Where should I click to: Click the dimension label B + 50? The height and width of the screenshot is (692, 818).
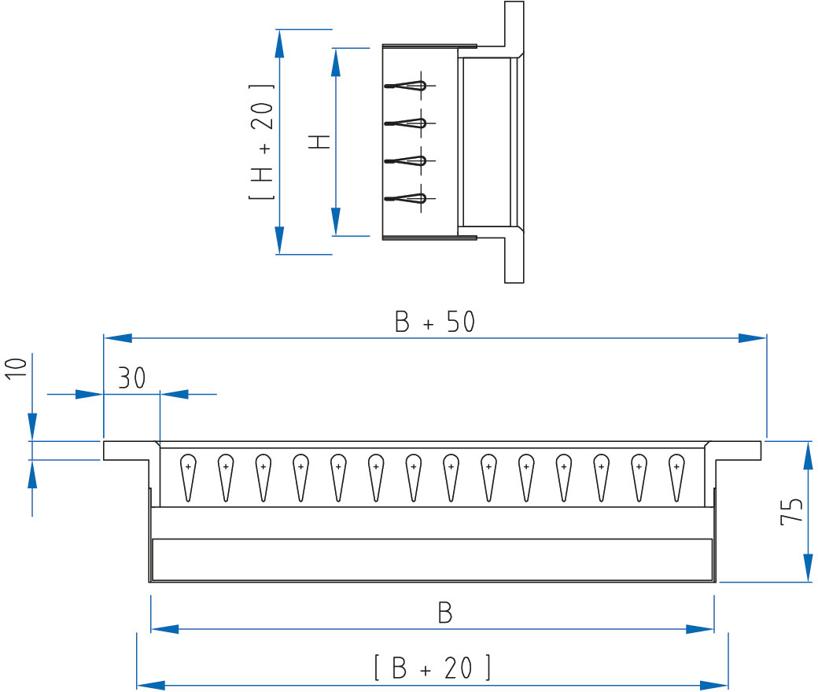(x=434, y=322)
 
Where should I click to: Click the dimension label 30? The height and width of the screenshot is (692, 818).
(x=131, y=377)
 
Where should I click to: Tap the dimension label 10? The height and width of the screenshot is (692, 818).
(x=17, y=369)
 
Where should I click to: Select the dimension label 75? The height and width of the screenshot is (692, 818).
(x=791, y=511)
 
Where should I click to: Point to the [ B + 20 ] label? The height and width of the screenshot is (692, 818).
(x=433, y=668)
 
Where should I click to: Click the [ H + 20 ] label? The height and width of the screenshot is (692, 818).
(x=261, y=142)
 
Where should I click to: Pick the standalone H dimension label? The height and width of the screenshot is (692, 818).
(x=319, y=142)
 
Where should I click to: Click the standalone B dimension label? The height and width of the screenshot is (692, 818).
(x=445, y=613)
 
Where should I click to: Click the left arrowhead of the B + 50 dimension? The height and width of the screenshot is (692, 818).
(x=118, y=338)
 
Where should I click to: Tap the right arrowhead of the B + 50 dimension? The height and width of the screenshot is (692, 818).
(x=752, y=338)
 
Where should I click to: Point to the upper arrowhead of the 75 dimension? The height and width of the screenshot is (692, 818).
(x=808, y=455)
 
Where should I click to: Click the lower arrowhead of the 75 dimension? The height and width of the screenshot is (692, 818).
(x=808, y=568)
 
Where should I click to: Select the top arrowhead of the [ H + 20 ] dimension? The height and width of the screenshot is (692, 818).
(x=280, y=43)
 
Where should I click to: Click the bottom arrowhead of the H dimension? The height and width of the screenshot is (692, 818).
(x=336, y=222)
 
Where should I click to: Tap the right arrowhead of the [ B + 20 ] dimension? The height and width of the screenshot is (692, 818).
(x=713, y=685)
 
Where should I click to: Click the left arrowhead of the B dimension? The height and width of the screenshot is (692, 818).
(x=165, y=629)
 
